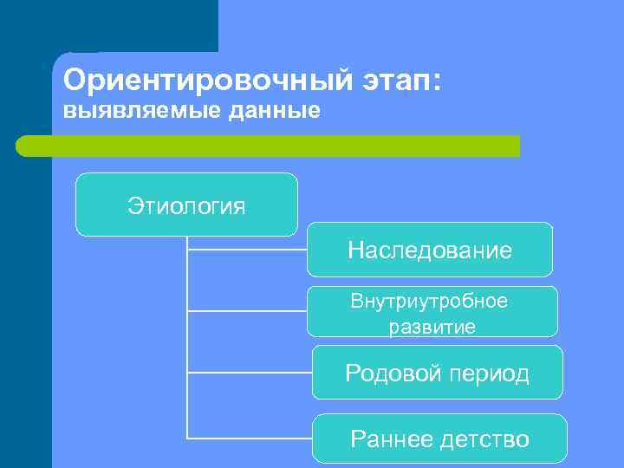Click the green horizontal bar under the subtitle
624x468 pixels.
[x=269, y=146]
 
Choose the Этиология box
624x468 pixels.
[x=186, y=205]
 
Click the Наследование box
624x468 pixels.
[x=430, y=250]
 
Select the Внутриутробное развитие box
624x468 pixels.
[x=432, y=312]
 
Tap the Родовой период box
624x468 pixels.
[x=437, y=373]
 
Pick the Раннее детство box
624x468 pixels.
[x=439, y=439]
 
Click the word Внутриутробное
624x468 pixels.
[x=429, y=301]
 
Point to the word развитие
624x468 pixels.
[x=432, y=327]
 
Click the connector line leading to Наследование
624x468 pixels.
[x=247, y=250]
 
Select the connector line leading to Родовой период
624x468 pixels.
[x=250, y=373]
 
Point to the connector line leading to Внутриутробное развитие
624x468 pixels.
[x=247, y=310]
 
